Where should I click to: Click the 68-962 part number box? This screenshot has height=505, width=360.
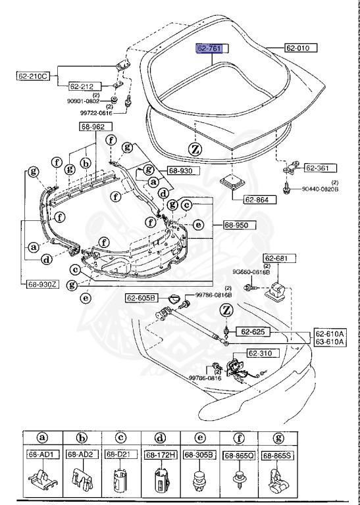95,126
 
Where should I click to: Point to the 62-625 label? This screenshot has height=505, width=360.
255,332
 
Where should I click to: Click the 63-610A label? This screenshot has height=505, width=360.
330,342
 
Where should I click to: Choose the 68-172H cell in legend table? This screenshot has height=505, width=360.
159,455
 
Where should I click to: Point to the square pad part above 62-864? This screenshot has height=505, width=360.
233,181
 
